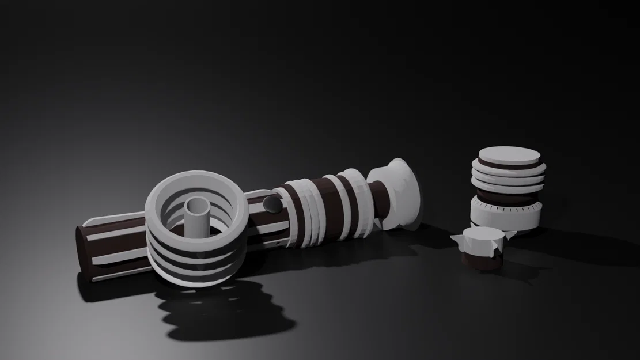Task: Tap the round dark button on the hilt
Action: tap(270, 203)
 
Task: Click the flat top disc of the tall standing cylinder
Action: tap(509, 156)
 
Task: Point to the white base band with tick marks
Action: tap(505, 216)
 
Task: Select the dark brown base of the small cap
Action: tap(483, 262)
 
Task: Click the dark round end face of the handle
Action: tap(84, 253)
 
